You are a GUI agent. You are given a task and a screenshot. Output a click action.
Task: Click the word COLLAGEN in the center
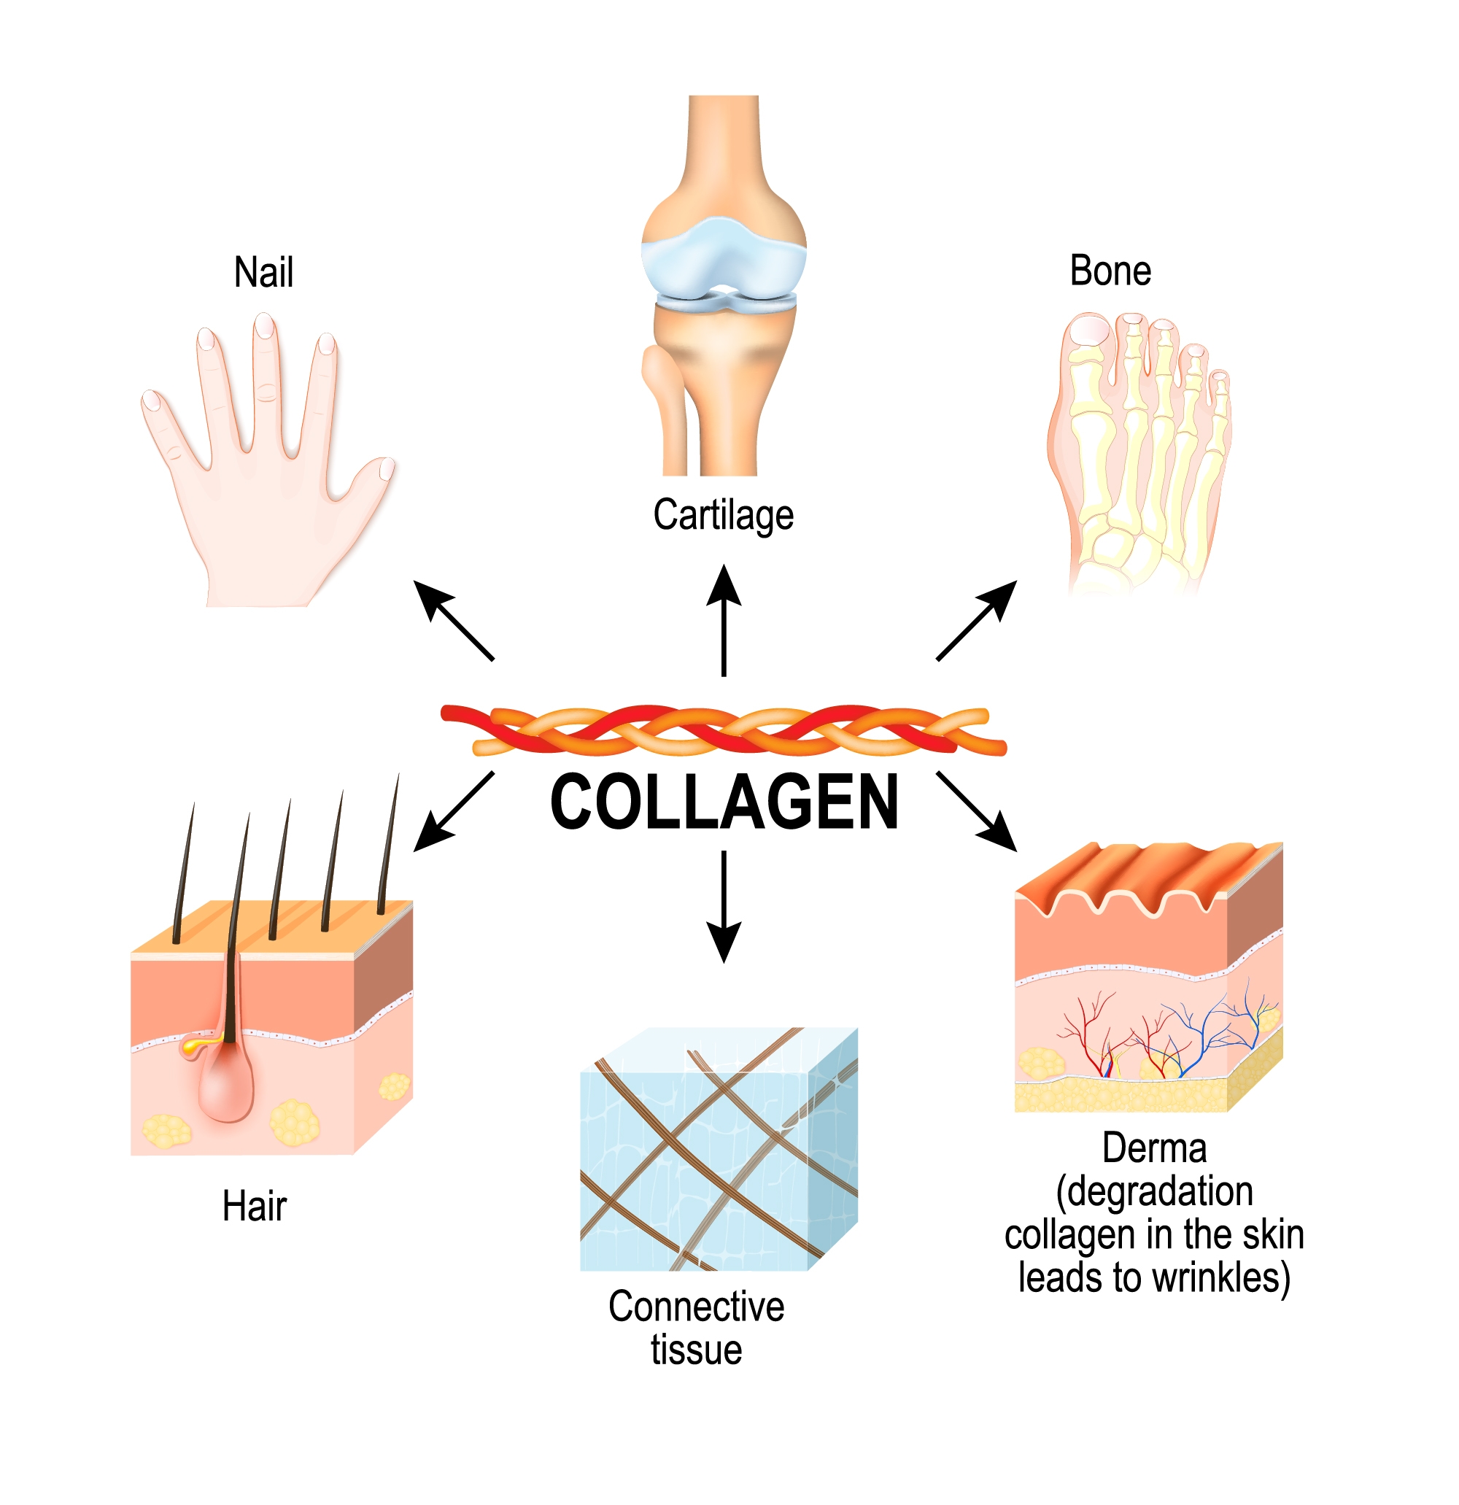tap(724, 802)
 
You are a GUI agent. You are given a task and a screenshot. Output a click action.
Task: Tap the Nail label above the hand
tap(263, 273)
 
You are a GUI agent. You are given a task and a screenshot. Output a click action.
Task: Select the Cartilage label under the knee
tap(724, 515)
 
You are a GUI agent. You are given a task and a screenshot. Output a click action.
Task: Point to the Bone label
tap(1110, 271)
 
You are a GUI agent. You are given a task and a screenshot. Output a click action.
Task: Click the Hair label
tap(254, 1207)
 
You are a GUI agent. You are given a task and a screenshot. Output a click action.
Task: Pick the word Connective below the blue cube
tap(697, 1306)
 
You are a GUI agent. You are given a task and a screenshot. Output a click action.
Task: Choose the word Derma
tap(1154, 1148)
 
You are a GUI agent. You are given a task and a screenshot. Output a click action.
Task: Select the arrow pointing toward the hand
tap(453, 620)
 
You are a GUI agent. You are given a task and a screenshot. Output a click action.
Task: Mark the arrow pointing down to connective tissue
tap(724, 906)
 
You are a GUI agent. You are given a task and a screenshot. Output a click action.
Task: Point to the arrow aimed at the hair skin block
tap(453, 813)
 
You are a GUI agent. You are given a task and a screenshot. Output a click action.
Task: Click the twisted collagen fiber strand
tap(724, 730)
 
